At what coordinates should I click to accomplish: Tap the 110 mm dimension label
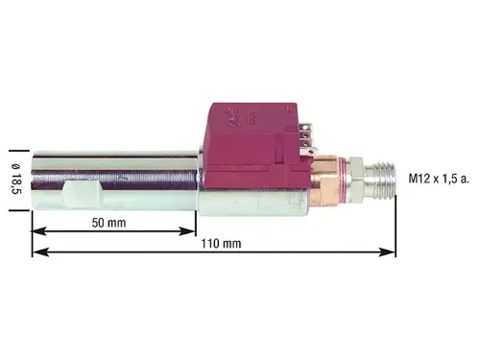(224, 243)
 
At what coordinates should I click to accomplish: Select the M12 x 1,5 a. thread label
(442, 178)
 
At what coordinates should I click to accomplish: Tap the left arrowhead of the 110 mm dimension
(37, 252)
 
